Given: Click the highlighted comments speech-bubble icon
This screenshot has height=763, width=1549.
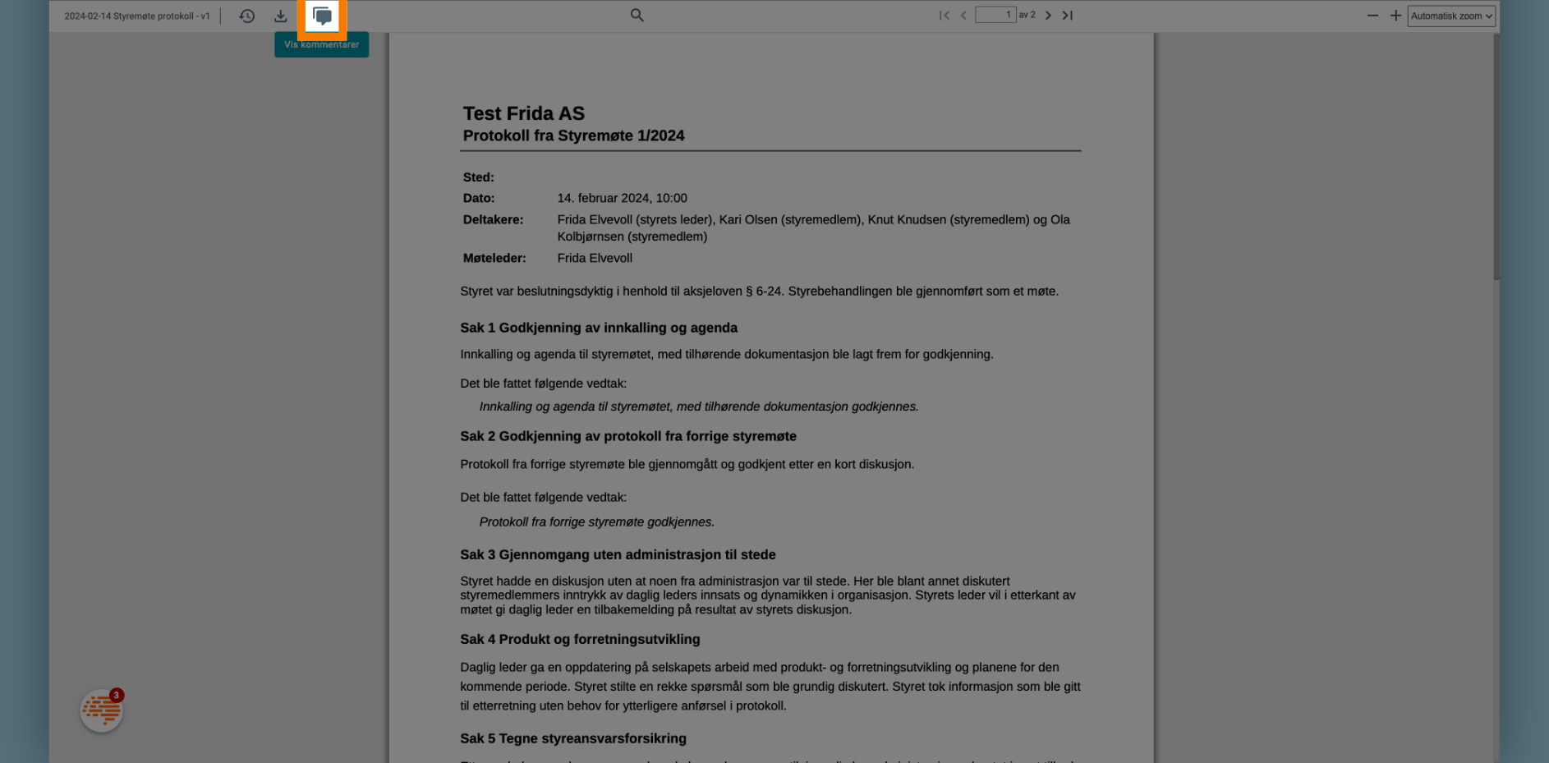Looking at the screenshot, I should (322, 16).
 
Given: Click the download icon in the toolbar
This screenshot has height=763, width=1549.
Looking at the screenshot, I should (281, 16).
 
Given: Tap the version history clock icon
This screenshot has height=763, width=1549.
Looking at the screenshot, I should (247, 16).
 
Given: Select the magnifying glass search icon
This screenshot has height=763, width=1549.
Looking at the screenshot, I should (637, 15).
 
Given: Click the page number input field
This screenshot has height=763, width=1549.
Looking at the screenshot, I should (995, 15).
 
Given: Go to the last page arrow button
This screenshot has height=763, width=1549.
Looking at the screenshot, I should (1068, 15).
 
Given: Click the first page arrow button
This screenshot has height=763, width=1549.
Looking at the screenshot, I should (945, 15).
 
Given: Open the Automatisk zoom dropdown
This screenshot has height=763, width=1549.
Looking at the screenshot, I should (1450, 16).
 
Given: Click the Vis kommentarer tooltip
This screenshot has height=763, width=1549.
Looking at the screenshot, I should (321, 44).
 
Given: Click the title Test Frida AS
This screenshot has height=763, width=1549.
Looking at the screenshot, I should (524, 113).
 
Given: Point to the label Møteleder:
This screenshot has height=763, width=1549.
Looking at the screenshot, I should (494, 258).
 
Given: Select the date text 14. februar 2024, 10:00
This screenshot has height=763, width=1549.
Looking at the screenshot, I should (622, 198).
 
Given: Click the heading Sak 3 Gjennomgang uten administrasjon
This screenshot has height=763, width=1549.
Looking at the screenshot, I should (618, 554).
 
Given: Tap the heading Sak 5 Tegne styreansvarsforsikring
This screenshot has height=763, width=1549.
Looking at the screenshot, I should (573, 738).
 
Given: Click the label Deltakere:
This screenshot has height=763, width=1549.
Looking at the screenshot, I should (493, 219).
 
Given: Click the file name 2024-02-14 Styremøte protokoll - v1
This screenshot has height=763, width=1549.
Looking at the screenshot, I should (137, 16).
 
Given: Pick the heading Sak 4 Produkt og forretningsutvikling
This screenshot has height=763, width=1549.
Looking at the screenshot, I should (580, 639).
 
